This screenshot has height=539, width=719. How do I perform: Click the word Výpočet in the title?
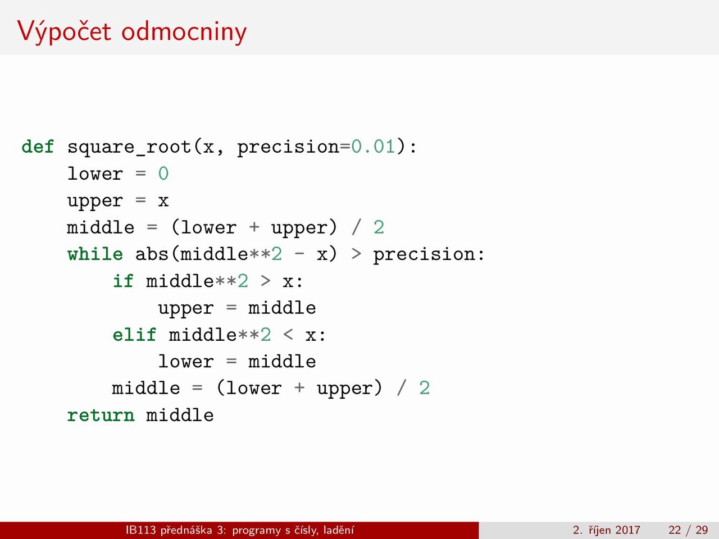pyautogui.click(x=64, y=32)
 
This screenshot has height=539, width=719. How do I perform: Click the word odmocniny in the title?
pyautogui.click(x=184, y=32)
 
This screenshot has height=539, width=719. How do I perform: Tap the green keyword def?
pyautogui.click(x=38, y=147)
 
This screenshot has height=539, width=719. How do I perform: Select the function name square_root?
pyautogui.click(x=129, y=147)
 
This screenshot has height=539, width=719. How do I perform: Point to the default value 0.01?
pyautogui.click(x=373, y=147)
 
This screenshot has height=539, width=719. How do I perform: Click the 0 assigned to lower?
pyautogui.click(x=163, y=173)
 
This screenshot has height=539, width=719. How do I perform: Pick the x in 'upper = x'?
pyautogui.click(x=163, y=200)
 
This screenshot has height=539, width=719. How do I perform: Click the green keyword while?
pyautogui.click(x=95, y=254)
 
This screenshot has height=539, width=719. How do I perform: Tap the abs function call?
pyautogui.click(x=152, y=254)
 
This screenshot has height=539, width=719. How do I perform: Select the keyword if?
pyautogui.click(x=123, y=281)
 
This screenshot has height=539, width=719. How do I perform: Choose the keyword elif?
pyautogui.click(x=134, y=335)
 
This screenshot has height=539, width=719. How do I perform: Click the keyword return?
pyautogui.click(x=101, y=415)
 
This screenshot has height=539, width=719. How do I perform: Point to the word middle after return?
pyautogui.click(x=180, y=415)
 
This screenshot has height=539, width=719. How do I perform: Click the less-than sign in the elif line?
pyautogui.click(x=288, y=335)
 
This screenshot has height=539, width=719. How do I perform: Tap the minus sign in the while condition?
pyautogui.click(x=299, y=254)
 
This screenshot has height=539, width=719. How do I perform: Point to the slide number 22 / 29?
pyautogui.click(x=688, y=530)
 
